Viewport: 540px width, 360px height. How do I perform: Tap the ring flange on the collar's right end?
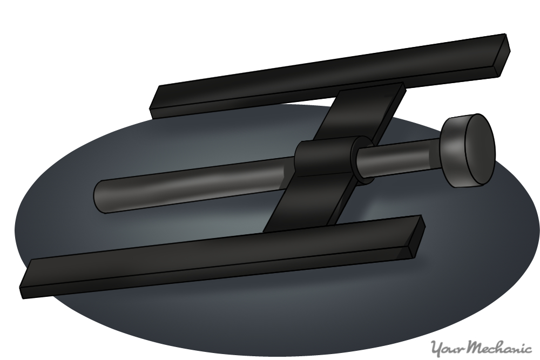tap(362, 160)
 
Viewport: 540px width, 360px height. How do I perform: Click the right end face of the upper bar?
tap(502, 55)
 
